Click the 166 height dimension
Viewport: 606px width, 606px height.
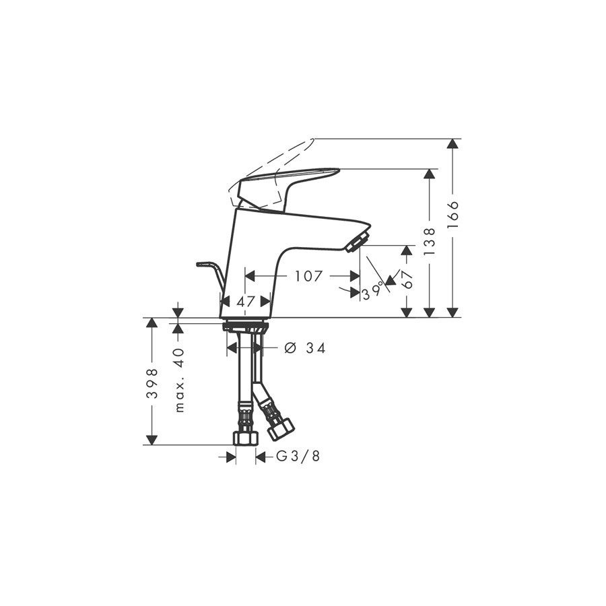[454, 215]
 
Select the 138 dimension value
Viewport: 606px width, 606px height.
[430, 242]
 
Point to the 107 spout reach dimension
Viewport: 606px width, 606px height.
[308, 276]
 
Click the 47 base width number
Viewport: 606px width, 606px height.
[245, 301]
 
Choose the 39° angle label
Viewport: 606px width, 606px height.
[373, 292]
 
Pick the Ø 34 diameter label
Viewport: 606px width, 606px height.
[305, 348]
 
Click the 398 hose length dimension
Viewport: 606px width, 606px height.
[152, 383]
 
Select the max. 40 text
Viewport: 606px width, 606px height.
[180, 380]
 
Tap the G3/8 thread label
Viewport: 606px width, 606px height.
[298, 457]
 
